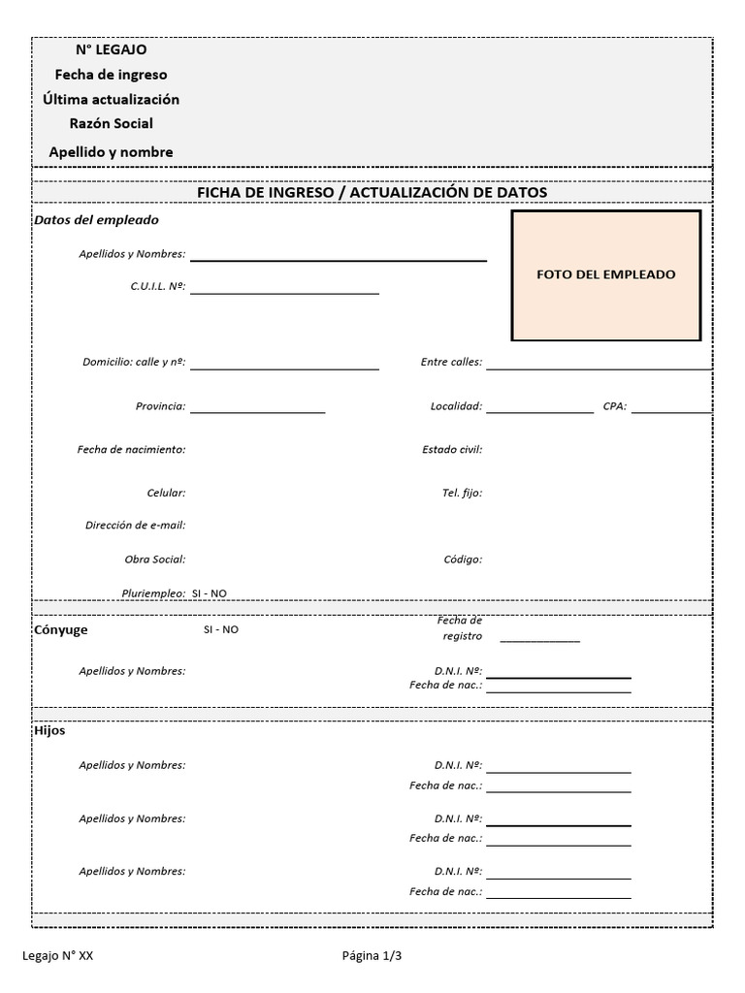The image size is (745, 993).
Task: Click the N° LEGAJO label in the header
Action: pyautogui.click(x=112, y=49)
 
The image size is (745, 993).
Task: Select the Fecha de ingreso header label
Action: pyautogui.click(x=112, y=75)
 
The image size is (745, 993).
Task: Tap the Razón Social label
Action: pyautogui.click(x=112, y=123)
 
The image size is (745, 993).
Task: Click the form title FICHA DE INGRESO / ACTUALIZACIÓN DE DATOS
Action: pyautogui.click(x=372, y=192)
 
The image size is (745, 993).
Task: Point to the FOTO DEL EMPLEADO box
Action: pyautogui.click(x=606, y=275)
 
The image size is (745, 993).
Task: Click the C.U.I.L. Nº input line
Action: pyautogui.click(x=284, y=290)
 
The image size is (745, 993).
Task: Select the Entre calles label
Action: pyautogui.click(x=451, y=362)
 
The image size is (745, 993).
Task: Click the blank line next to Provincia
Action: pyautogui.click(x=257, y=410)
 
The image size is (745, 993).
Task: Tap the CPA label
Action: pyautogui.click(x=615, y=406)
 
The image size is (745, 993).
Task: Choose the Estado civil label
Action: pyautogui.click(x=452, y=449)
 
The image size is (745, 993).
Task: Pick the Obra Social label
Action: pyautogui.click(x=155, y=559)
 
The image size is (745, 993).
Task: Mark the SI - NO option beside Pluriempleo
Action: pyautogui.click(x=210, y=593)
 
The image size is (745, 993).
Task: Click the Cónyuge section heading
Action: pyautogui.click(x=61, y=629)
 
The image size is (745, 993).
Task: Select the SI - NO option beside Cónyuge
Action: pyautogui.click(x=220, y=629)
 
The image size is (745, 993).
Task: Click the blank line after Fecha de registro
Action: pyautogui.click(x=539, y=639)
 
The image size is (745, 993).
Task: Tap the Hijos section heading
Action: pyautogui.click(x=50, y=730)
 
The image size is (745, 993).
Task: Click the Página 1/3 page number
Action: pyautogui.click(x=372, y=955)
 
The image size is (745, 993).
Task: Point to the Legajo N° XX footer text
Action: pyautogui.click(x=58, y=955)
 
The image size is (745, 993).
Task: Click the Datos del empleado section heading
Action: pyautogui.click(x=96, y=220)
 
